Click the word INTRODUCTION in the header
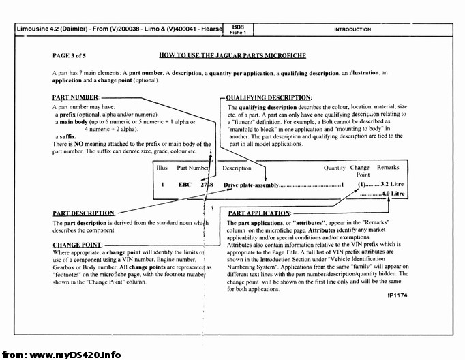click(352, 29)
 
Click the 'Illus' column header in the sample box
click(162, 167)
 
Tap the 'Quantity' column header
click(334, 167)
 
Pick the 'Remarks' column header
click(388, 167)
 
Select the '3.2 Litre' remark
click(393, 185)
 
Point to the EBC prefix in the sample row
click(185, 185)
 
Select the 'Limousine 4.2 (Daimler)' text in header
click(55, 30)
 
